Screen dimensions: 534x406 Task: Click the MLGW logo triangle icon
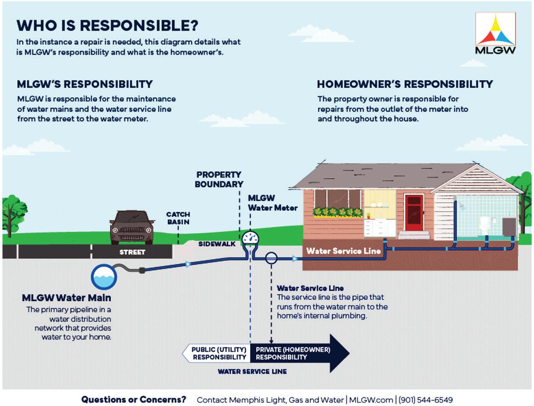[x=495, y=31]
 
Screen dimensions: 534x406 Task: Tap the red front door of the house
[x=414, y=212]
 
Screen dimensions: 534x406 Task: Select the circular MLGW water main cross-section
[x=104, y=277]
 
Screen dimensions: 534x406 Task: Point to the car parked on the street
[x=132, y=227]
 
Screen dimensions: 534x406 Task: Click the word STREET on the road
[x=132, y=252]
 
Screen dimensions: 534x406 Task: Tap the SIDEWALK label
[x=217, y=244]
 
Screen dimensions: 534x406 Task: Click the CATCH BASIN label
[x=178, y=218]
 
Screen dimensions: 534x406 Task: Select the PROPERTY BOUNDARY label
[x=219, y=180]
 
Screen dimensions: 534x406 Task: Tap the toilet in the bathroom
[x=484, y=225]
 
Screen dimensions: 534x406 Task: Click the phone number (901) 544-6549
[x=425, y=400]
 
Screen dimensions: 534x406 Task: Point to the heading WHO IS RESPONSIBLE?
[x=107, y=25]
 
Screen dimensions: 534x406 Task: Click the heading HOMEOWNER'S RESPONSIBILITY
[x=405, y=84]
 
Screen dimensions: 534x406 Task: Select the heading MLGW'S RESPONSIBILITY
[x=85, y=84]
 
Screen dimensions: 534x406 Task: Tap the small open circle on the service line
[x=271, y=258]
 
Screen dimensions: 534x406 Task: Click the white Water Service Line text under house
[x=343, y=251]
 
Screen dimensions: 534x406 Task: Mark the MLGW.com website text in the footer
[x=371, y=400]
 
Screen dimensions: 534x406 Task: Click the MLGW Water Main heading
[x=67, y=298]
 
